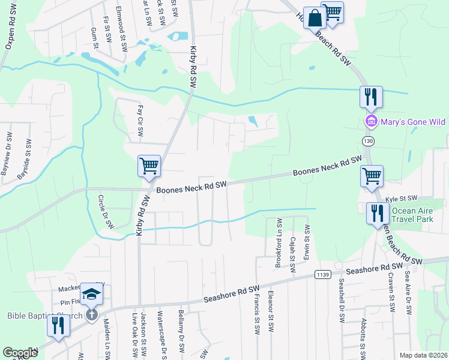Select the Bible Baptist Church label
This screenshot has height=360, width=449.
[x=42, y=316]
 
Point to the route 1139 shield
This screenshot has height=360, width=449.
[x=322, y=274]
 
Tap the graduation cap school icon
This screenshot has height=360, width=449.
[x=91, y=294]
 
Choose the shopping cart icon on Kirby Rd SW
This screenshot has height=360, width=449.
[x=148, y=166]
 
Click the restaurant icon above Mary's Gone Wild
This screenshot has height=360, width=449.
[x=371, y=96]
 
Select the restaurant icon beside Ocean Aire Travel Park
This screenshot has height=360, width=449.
[x=377, y=212]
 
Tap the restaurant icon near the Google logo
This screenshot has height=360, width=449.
[x=58, y=325]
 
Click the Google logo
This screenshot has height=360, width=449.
[x=20, y=353]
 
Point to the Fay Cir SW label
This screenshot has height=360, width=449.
[x=140, y=121]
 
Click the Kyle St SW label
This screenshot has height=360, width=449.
[x=400, y=198]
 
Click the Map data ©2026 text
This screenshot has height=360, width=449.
[x=423, y=355]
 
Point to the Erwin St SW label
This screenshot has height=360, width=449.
[x=307, y=246]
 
